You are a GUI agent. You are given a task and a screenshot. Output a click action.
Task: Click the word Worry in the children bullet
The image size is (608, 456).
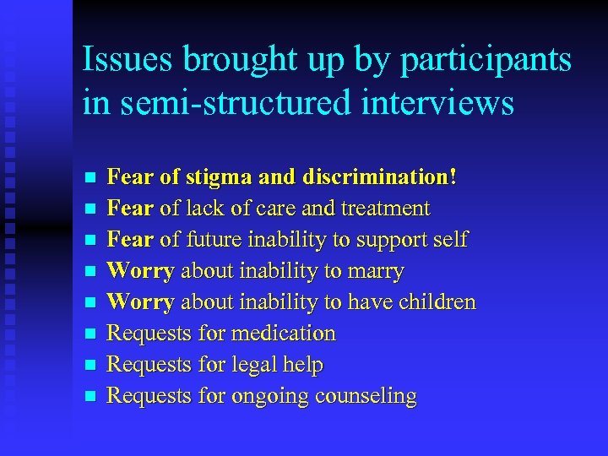[141, 302]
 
